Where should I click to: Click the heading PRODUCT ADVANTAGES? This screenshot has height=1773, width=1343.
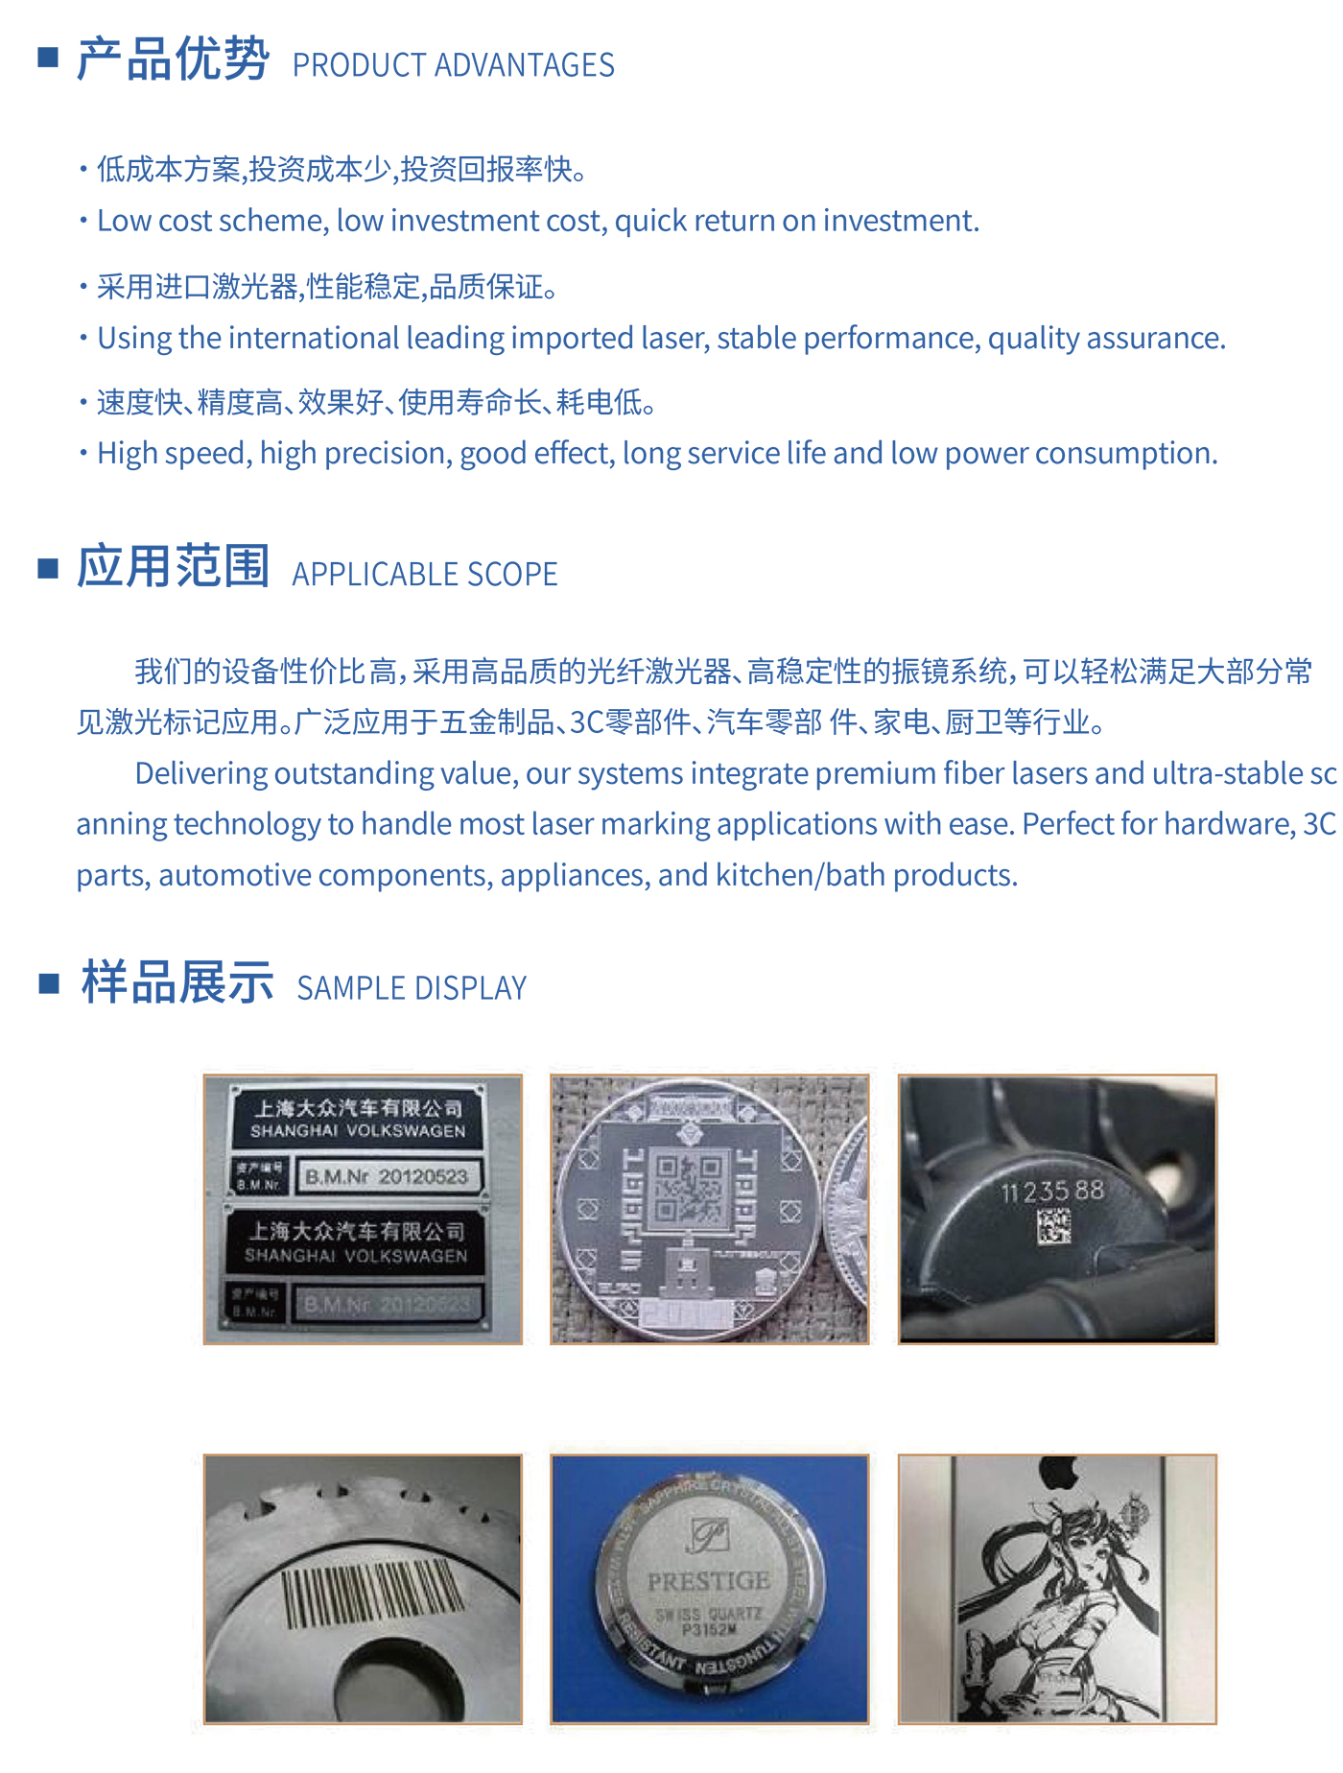(x=453, y=65)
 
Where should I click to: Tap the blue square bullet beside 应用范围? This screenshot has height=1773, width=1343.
(x=48, y=569)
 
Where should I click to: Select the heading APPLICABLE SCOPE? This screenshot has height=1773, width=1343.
(x=424, y=575)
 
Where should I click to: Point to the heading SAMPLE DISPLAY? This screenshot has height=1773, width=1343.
(x=412, y=988)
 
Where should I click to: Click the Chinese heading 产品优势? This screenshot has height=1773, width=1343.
(x=173, y=59)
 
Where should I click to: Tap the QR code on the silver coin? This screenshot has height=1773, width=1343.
(x=687, y=1188)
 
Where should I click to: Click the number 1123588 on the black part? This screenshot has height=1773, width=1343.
(x=1052, y=1192)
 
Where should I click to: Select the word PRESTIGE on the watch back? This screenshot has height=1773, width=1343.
(x=709, y=1581)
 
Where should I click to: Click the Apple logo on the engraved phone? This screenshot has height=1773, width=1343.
(x=1058, y=1474)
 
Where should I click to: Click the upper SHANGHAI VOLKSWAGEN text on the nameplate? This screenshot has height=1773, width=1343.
(x=358, y=1131)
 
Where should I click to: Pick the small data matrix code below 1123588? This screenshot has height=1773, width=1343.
(x=1053, y=1226)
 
